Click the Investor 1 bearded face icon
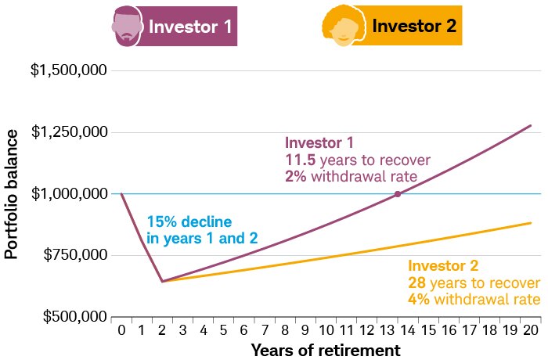pyautogui.click(x=126, y=26)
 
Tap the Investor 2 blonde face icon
pyautogui.click(x=341, y=27)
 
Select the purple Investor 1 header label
pyautogui.click(x=190, y=27)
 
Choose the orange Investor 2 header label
pyautogui.click(x=414, y=27)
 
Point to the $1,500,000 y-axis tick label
pyautogui.click(x=68, y=70)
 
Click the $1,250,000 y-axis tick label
pyautogui.click(x=68, y=132)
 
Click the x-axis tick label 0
pyautogui.click(x=121, y=330)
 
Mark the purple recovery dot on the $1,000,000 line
pyautogui.click(x=398, y=193)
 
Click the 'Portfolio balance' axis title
pyautogui.click(x=11, y=195)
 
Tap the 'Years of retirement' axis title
pyautogui.click(x=326, y=349)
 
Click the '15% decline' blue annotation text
pyautogui.click(x=190, y=221)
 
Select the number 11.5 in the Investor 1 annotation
pyautogui.click(x=300, y=159)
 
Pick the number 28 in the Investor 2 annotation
pyautogui.click(x=416, y=283)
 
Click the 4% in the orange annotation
pyautogui.click(x=417, y=300)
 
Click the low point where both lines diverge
pyautogui.click(x=162, y=281)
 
